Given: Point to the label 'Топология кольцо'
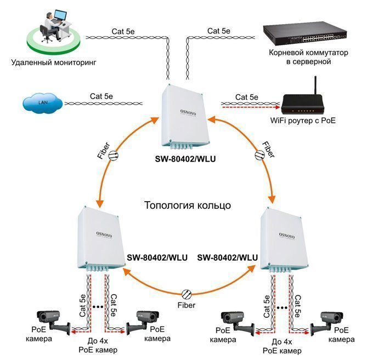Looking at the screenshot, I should (187, 206).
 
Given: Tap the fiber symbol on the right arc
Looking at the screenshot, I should (259, 155).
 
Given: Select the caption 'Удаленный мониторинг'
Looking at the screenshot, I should (53, 62).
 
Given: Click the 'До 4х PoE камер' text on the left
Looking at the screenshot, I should (98, 345).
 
